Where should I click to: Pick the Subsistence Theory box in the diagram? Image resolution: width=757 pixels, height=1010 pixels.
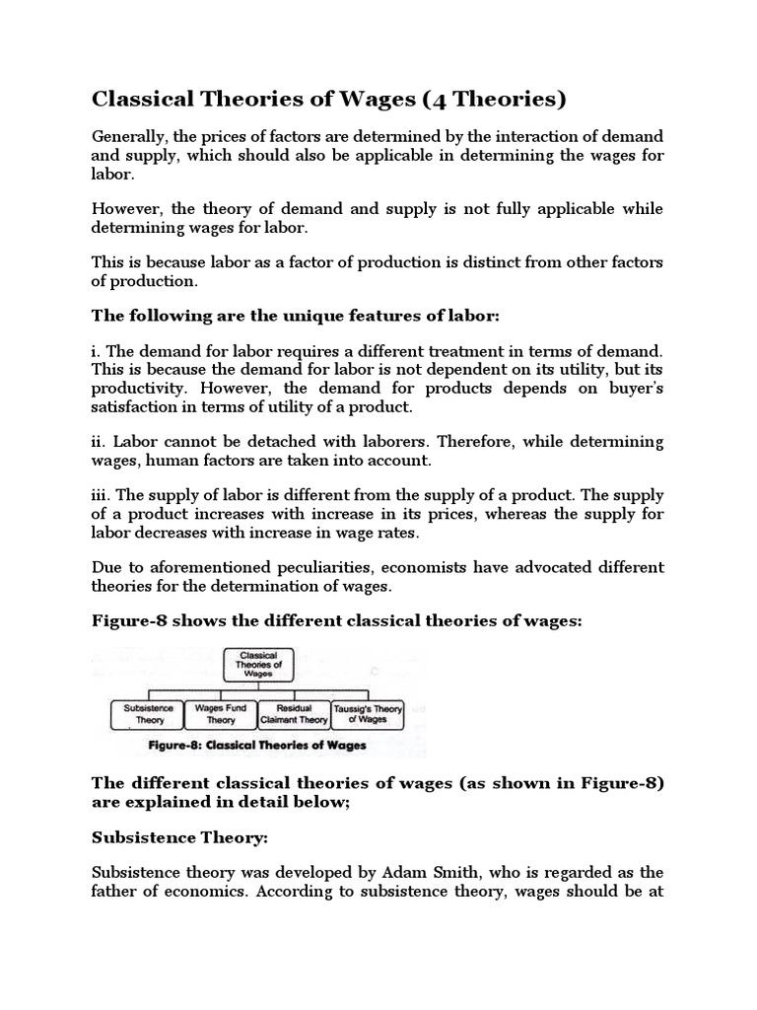point(149,713)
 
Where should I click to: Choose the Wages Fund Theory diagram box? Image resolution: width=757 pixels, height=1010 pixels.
point(220,713)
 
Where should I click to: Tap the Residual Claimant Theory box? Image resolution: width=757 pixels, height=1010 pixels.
point(294,713)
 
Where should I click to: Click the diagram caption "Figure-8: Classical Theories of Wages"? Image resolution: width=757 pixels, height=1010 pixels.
point(254,746)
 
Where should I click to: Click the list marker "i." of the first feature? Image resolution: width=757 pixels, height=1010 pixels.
point(96,351)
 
